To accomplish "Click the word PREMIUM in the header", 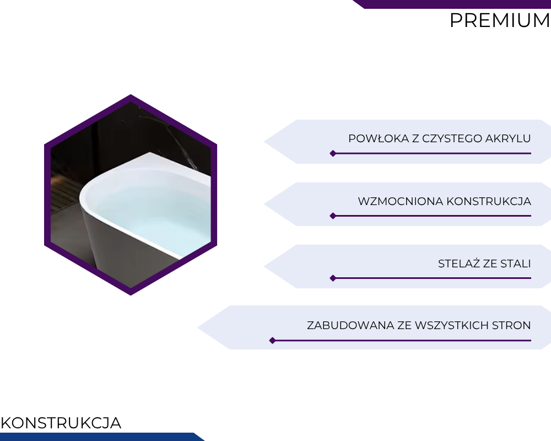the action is [500, 20].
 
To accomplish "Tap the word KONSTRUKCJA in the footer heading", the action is [61, 423].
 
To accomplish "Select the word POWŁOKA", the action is [379, 138].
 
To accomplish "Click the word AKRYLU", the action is [508, 138].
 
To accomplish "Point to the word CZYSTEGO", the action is [452, 138].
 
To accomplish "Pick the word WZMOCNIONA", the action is [401, 202].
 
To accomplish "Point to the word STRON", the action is [511, 325].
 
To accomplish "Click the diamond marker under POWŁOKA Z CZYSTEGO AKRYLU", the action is [333, 153].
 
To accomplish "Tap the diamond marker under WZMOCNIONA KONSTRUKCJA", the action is [333, 216].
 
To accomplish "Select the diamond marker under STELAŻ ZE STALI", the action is [333, 278].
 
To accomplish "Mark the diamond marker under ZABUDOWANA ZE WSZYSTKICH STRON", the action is [272, 341].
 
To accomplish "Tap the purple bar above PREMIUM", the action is [452, 4].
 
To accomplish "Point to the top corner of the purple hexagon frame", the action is [131, 95].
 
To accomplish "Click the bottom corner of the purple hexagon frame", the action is [131, 295].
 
